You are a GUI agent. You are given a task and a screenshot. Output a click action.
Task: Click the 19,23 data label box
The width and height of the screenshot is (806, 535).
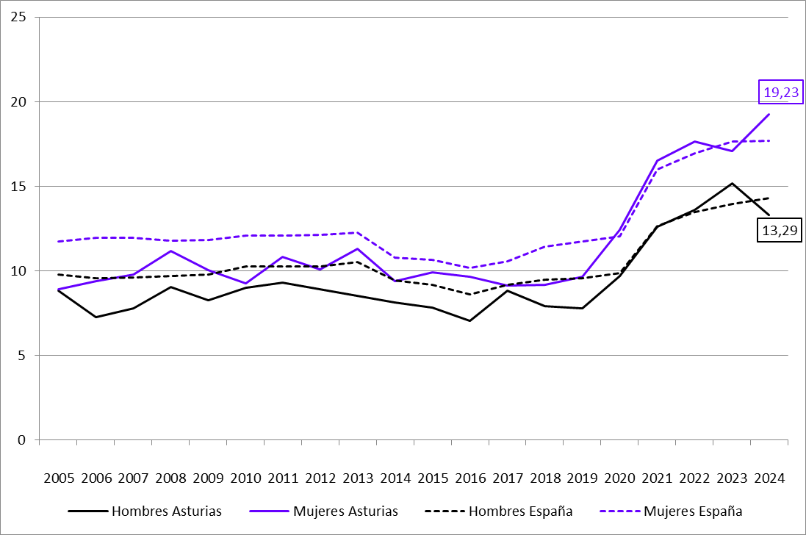(777, 93)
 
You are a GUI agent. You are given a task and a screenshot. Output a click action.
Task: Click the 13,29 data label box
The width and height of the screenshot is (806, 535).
(777, 231)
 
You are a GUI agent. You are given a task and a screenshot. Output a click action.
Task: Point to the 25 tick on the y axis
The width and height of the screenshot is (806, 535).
(19, 17)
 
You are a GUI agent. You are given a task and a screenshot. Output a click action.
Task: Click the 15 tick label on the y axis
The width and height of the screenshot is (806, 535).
(19, 187)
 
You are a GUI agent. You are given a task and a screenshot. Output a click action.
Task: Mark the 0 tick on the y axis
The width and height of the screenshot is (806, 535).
(23, 440)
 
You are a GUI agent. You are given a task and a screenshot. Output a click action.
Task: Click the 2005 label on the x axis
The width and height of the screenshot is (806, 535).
(59, 478)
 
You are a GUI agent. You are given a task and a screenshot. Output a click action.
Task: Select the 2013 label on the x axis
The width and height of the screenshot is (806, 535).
(358, 478)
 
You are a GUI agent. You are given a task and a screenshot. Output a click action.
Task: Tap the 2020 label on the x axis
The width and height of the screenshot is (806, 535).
(619, 478)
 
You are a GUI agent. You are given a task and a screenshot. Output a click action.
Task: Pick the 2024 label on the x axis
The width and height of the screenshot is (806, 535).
(769, 478)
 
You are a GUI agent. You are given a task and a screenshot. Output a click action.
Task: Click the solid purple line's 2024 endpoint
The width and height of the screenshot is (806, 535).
(769, 115)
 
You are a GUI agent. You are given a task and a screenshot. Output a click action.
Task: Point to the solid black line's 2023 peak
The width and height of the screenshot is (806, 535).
(732, 184)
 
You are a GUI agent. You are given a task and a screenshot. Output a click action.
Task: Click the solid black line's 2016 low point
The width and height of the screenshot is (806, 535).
(469, 320)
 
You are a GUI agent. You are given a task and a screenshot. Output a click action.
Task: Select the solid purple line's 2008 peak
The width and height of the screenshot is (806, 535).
(170, 251)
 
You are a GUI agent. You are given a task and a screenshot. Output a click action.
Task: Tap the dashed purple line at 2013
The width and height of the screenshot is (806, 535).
(358, 233)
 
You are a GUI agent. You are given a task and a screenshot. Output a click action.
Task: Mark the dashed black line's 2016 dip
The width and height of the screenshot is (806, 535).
(469, 295)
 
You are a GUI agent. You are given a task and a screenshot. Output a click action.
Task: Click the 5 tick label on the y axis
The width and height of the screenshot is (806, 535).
(23, 356)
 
